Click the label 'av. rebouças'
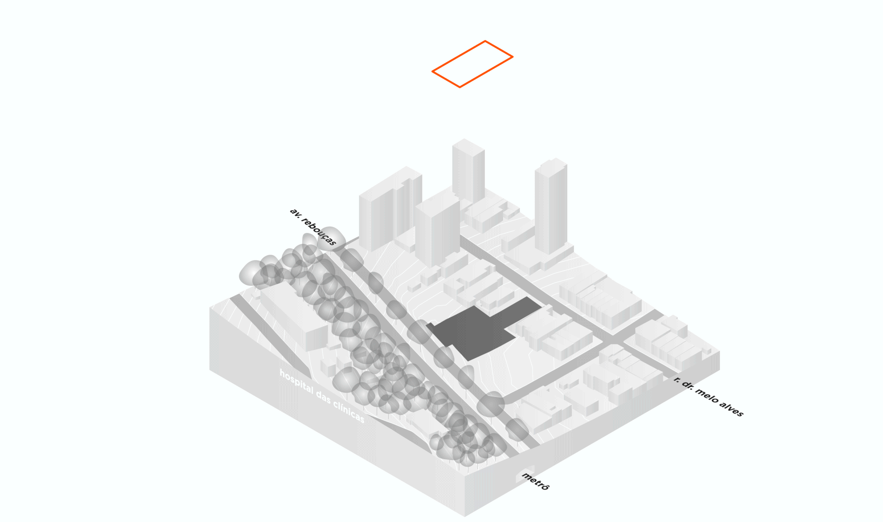click(313, 227)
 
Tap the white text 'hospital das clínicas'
click(321, 396)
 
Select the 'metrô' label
click(535, 481)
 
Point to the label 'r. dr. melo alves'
click(708, 396)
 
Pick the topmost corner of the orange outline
click(485, 41)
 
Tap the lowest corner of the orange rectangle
click(460, 87)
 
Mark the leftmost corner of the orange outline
click(433, 72)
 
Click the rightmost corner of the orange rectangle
click(512, 57)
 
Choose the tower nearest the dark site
click(437, 230)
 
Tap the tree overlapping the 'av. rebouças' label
click(332, 238)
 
